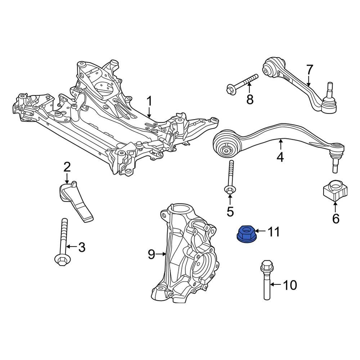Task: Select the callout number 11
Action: (274, 231)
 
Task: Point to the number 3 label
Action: (82, 247)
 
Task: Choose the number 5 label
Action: (230, 211)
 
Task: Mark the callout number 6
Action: (336, 219)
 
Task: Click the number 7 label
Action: (310, 70)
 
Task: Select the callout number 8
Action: (250, 99)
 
